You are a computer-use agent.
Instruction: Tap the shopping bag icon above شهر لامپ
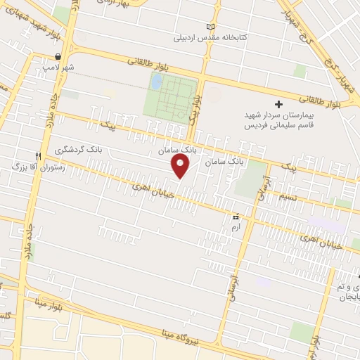(58, 56)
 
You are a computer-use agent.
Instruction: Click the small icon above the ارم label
(236, 217)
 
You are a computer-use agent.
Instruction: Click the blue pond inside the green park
(156, 83)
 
